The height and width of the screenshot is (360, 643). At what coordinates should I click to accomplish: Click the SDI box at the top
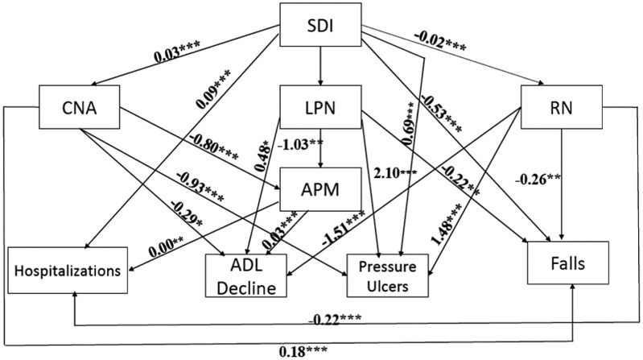(x=321, y=28)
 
